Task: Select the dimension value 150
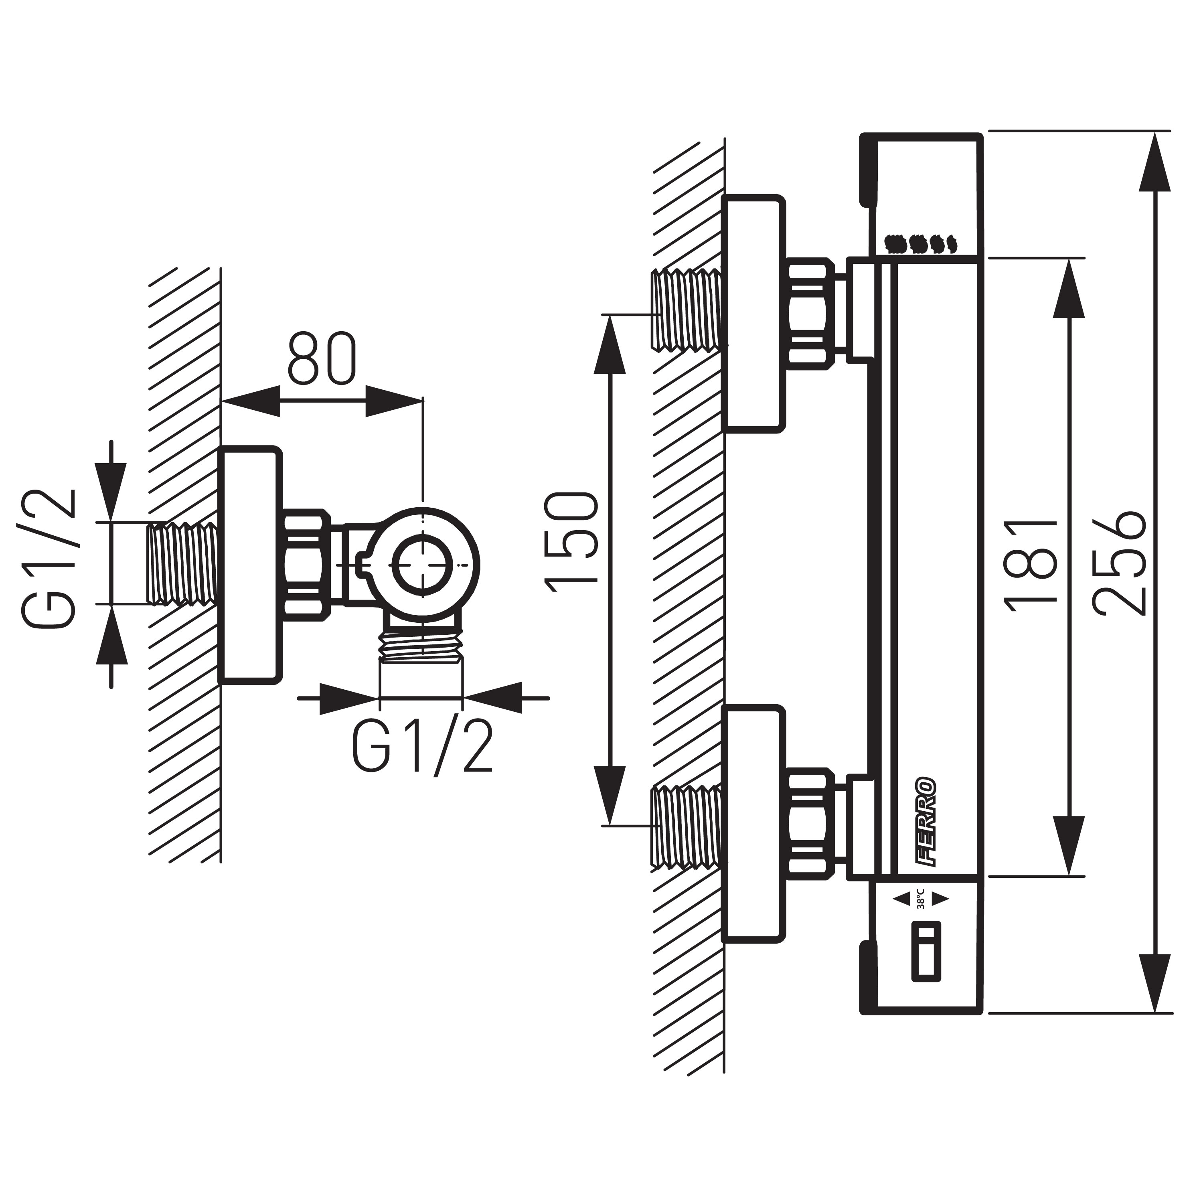[x=571, y=539]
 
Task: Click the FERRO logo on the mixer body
[x=926, y=822]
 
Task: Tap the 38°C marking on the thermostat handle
[x=920, y=899]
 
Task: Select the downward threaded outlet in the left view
[x=421, y=639]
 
